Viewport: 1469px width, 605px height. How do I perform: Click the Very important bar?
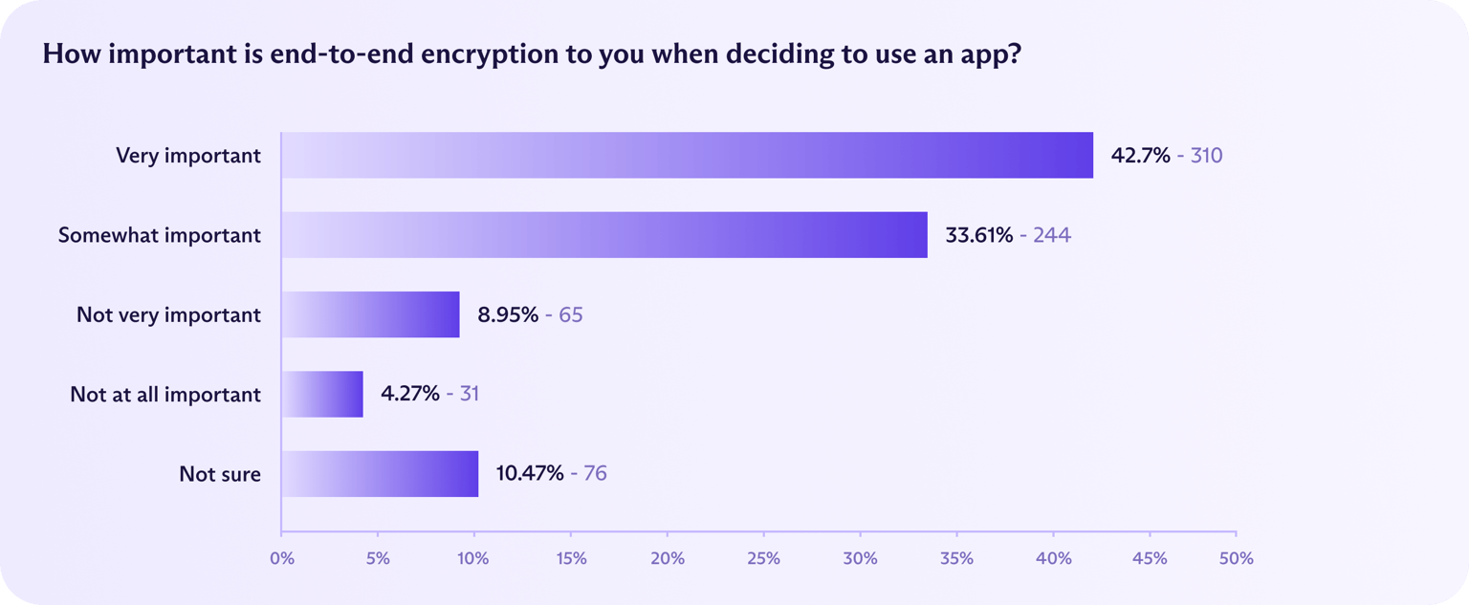(687, 155)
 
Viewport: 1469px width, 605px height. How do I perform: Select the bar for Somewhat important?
(604, 235)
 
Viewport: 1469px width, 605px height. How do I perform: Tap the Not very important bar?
(370, 314)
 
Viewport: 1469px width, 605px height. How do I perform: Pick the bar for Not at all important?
(322, 394)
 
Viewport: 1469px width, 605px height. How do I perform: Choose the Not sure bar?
(380, 473)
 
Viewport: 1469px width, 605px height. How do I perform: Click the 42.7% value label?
(1140, 155)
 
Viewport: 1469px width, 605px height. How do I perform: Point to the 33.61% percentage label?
(978, 235)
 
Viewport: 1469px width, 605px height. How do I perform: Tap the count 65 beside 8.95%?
(571, 314)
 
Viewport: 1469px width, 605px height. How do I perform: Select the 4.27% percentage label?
(410, 394)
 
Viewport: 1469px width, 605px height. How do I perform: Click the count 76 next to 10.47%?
(595, 473)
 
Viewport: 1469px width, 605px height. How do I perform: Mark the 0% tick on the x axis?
(282, 558)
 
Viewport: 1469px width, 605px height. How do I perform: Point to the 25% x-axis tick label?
(763, 558)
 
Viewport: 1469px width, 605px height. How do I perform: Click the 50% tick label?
(1236, 558)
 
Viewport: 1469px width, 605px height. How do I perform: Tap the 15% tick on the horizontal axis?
(571, 558)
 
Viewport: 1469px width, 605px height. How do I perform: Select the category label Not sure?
(220, 473)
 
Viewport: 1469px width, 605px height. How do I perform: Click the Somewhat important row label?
(159, 235)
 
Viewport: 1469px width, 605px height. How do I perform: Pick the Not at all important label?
(165, 394)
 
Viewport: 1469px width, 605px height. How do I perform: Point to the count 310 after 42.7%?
(1206, 155)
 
